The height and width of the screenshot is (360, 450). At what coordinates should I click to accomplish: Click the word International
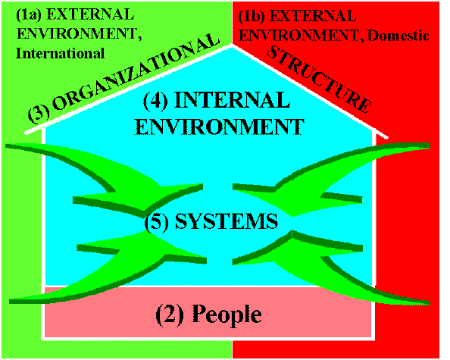(x=60, y=53)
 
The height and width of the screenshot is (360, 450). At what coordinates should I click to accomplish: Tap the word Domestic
(x=398, y=36)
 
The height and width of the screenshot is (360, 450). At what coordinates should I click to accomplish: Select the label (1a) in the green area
(x=29, y=14)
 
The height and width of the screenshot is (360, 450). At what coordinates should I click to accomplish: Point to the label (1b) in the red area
(x=252, y=17)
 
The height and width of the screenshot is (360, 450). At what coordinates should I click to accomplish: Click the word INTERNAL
(x=232, y=100)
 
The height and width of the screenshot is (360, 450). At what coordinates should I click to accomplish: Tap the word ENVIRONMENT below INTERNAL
(x=220, y=127)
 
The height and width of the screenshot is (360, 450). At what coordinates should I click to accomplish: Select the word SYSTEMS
(x=227, y=221)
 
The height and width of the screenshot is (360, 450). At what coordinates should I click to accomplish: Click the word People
(x=227, y=315)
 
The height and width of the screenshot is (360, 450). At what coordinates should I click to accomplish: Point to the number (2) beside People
(x=170, y=314)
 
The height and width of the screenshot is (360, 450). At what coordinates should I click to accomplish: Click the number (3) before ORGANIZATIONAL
(x=39, y=113)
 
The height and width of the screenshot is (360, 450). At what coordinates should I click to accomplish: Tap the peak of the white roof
(x=232, y=45)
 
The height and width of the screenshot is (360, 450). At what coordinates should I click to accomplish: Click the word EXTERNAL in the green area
(x=90, y=14)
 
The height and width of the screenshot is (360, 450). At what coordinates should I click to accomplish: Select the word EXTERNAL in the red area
(x=313, y=16)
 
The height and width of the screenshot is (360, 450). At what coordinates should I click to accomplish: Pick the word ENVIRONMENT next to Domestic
(x=302, y=36)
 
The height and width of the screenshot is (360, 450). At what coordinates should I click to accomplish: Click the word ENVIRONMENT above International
(x=79, y=34)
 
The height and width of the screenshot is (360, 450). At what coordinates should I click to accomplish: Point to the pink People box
(x=208, y=312)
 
